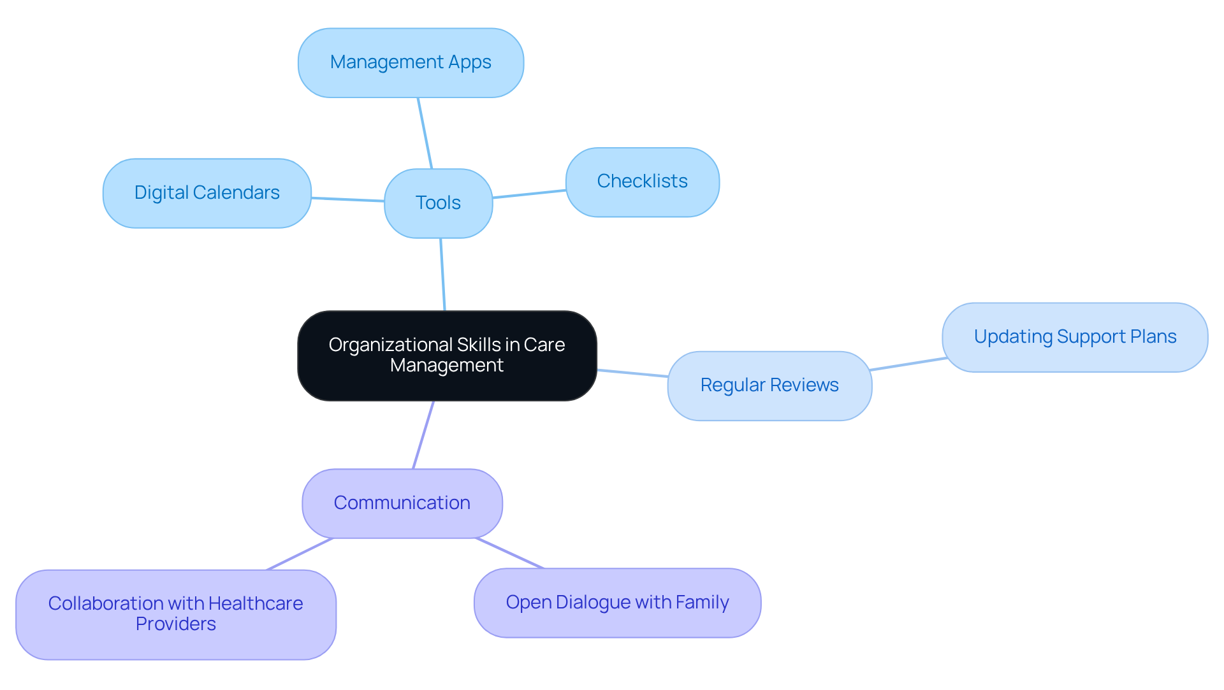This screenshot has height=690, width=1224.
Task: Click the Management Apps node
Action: point(411,62)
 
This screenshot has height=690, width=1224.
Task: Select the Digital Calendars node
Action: point(207,193)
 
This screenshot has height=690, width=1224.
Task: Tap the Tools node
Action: point(438,203)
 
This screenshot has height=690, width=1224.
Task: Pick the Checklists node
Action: point(642,182)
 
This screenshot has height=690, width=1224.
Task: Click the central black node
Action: point(447,356)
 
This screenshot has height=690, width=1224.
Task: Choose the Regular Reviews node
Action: point(769,385)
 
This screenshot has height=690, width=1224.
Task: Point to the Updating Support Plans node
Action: point(1075,337)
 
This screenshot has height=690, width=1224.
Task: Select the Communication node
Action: point(402,503)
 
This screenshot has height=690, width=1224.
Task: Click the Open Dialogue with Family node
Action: point(617,603)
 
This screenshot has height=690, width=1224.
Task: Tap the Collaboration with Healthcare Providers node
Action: point(175,614)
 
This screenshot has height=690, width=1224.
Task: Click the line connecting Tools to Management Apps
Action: point(425,133)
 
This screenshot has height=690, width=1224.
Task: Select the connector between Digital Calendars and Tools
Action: point(347,199)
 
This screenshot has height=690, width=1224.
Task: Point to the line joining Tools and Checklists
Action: point(529,194)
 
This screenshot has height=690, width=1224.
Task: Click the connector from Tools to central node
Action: point(442,274)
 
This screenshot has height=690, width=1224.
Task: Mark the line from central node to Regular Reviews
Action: point(632,373)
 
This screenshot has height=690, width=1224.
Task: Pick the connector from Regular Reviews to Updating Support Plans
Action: point(908,364)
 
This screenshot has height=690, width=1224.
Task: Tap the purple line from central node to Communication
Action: point(423,435)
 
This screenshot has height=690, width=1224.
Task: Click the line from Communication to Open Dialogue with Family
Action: point(509,553)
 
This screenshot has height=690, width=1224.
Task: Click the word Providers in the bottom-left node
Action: point(175,624)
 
